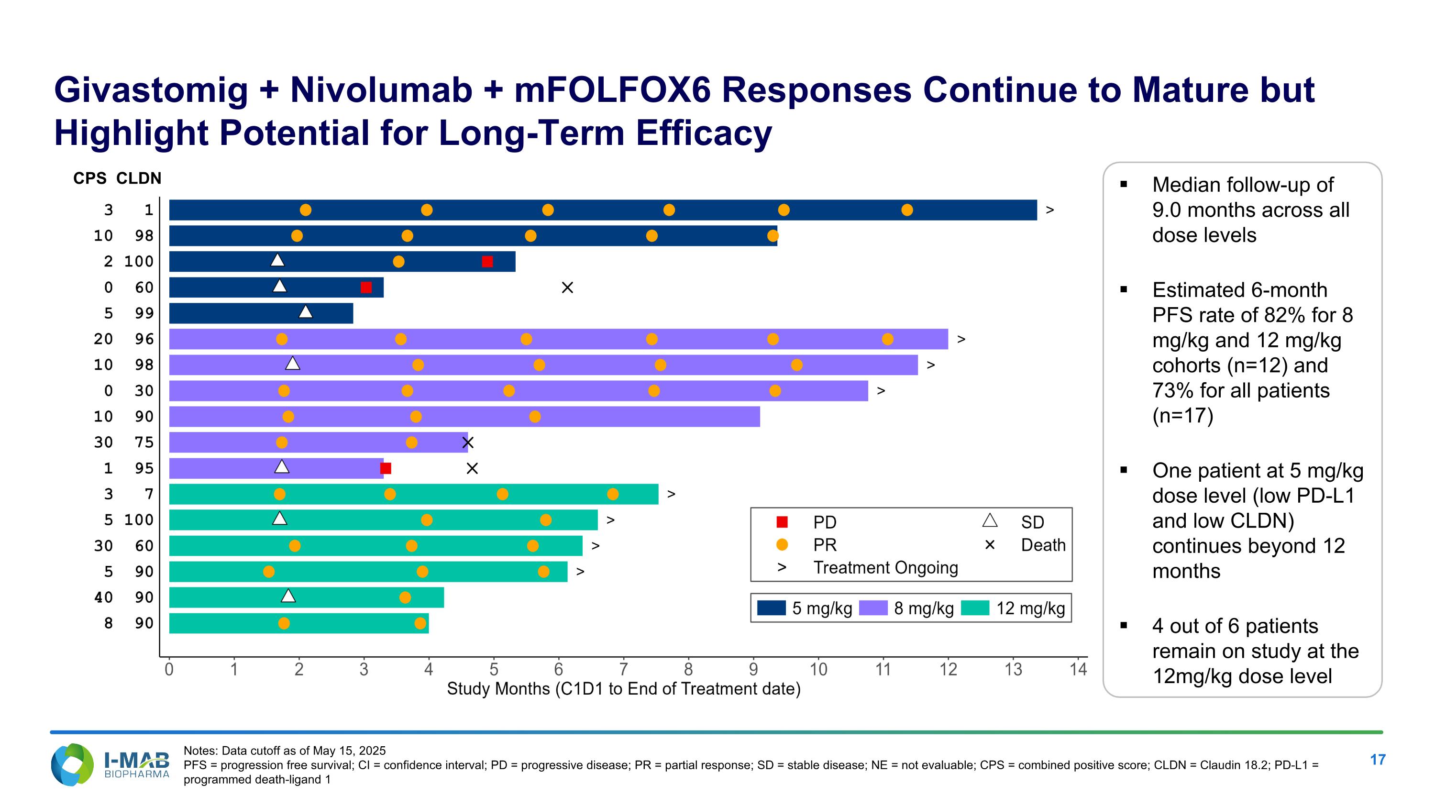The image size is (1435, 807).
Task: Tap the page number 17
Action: tap(1377, 760)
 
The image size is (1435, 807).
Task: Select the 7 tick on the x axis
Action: tap(623, 669)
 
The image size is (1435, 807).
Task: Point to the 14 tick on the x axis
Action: tap(1078, 669)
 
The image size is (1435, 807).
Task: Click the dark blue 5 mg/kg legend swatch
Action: tap(772, 608)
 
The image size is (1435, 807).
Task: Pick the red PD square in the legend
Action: tap(782, 522)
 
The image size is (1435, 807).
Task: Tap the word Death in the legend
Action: tap(1043, 545)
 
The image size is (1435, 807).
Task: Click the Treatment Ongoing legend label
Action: tap(885, 567)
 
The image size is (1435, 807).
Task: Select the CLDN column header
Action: tap(139, 178)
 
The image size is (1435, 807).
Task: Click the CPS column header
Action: tap(90, 178)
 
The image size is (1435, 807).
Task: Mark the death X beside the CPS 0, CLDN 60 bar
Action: tap(567, 287)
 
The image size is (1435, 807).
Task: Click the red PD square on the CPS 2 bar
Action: tap(487, 262)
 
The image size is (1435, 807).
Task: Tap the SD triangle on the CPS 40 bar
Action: tap(288, 596)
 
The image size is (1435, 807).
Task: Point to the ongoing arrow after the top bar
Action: tap(1049, 210)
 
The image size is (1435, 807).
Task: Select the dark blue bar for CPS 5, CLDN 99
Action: tap(261, 313)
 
